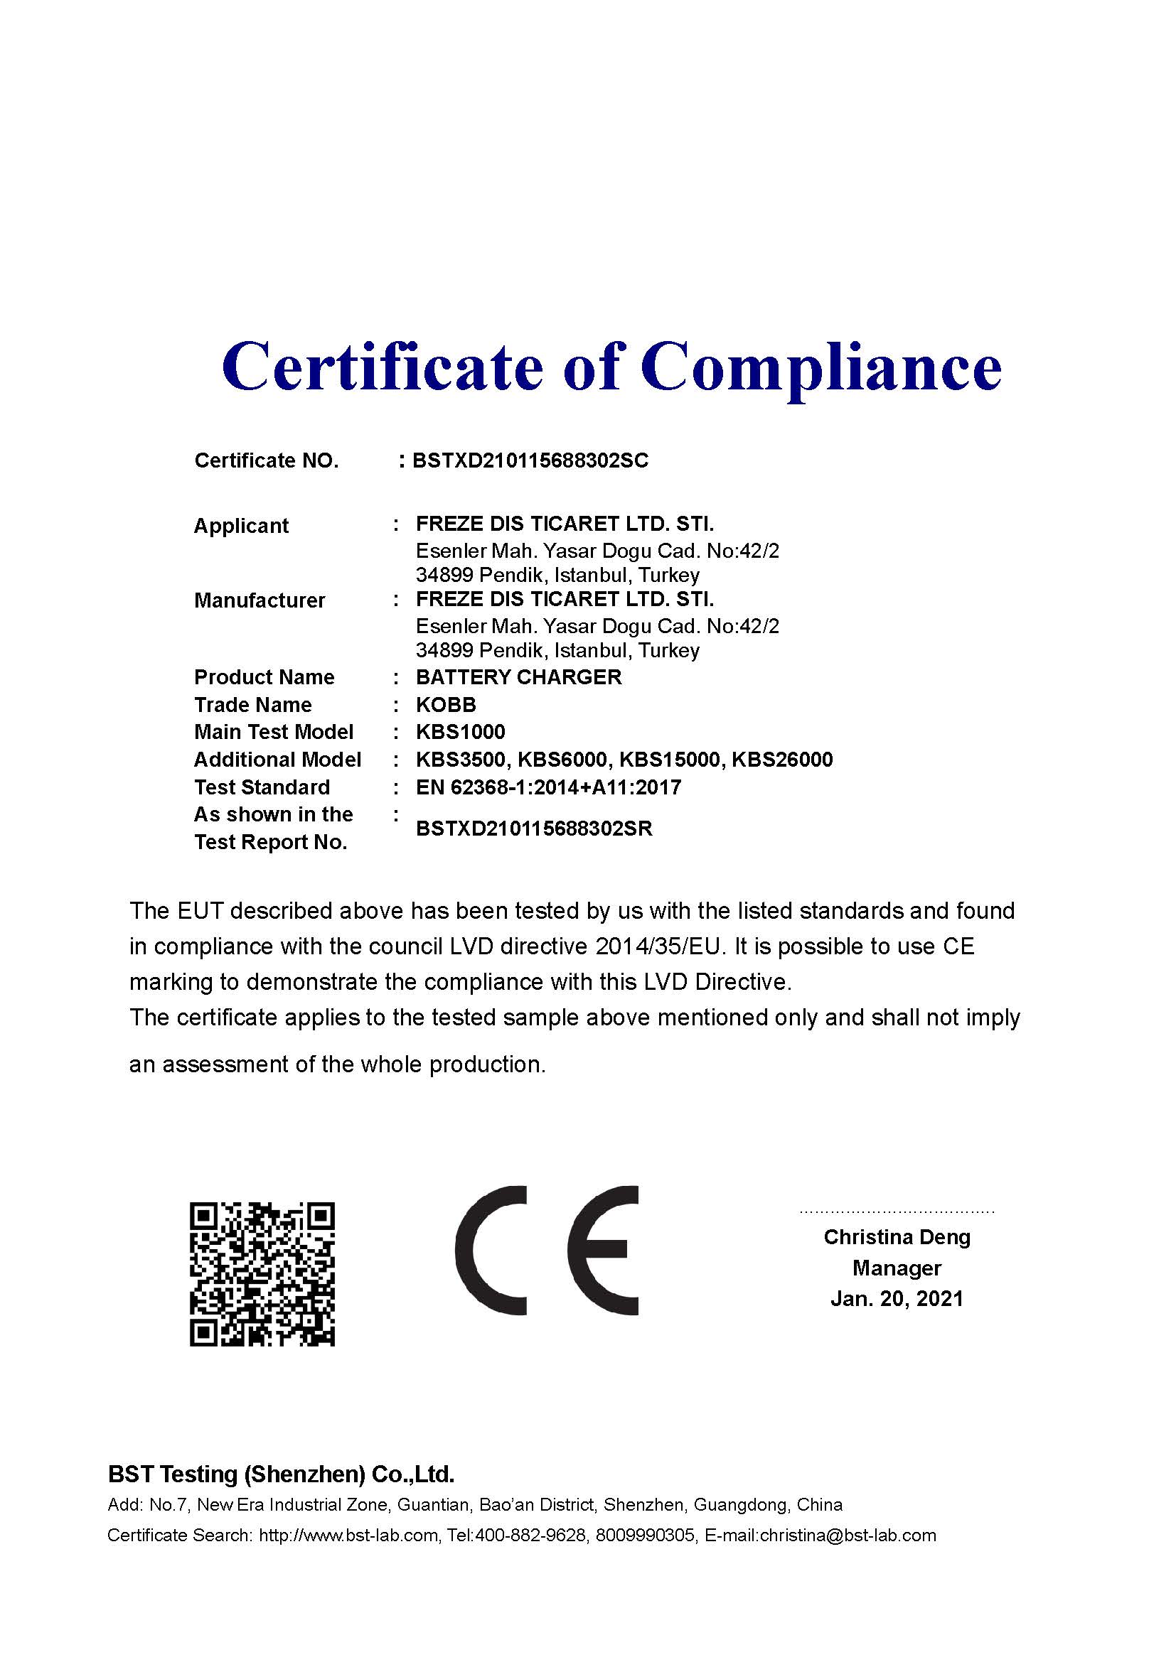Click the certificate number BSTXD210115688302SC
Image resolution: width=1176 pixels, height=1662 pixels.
click(x=530, y=460)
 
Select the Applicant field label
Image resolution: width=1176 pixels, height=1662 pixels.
click(x=241, y=526)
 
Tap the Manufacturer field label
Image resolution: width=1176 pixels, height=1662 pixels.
click(x=260, y=600)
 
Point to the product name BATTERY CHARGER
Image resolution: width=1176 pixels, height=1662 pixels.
click(x=518, y=677)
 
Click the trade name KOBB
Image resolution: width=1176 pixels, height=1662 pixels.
click(x=445, y=704)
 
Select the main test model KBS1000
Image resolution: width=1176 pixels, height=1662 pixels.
click(x=460, y=732)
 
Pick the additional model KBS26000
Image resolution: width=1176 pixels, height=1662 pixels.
click(x=782, y=760)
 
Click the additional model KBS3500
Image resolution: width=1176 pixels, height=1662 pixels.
click(x=464, y=760)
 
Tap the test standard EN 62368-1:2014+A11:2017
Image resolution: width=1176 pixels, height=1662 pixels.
click(x=548, y=787)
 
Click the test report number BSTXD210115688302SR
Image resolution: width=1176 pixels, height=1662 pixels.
click(x=534, y=828)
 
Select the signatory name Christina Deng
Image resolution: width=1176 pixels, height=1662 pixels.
click(x=897, y=1237)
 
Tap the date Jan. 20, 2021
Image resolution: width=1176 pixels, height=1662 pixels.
click(x=897, y=1298)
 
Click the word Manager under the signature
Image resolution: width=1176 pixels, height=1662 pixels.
click(x=897, y=1268)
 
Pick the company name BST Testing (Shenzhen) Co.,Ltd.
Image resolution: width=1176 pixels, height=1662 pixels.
click(x=281, y=1474)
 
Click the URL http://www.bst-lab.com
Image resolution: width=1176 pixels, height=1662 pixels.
click(x=348, y=1536)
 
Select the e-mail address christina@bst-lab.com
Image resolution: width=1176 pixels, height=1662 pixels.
click(x=848, y=1536)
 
